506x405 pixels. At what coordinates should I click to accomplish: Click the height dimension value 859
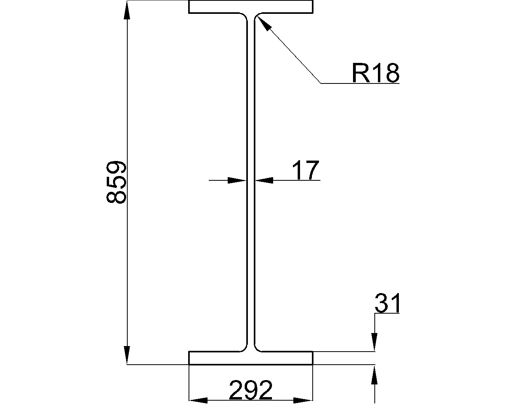click(116, 182)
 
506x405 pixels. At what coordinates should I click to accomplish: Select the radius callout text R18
click(375, 73)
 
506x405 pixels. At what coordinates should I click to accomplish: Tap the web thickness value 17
click(305, 170)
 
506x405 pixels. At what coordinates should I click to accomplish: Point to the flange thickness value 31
click(387, 303)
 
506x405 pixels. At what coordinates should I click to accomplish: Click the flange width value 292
click(251, 390)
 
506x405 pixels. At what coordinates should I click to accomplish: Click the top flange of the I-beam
click(251, 7)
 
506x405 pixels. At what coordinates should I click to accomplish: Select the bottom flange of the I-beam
click(251, 358)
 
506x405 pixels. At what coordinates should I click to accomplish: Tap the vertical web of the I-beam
click(251, 182)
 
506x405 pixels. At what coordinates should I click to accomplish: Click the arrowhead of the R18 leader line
click(264, 23)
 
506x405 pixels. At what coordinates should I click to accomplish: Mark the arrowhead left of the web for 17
click(238, 180)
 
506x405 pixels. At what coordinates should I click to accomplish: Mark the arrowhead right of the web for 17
click(264, 180)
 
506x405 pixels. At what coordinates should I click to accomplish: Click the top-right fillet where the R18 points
click(257, 16)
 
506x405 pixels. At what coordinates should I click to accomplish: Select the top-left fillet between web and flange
click(245, 16)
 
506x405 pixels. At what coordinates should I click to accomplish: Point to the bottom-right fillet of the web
click(257, 348)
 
